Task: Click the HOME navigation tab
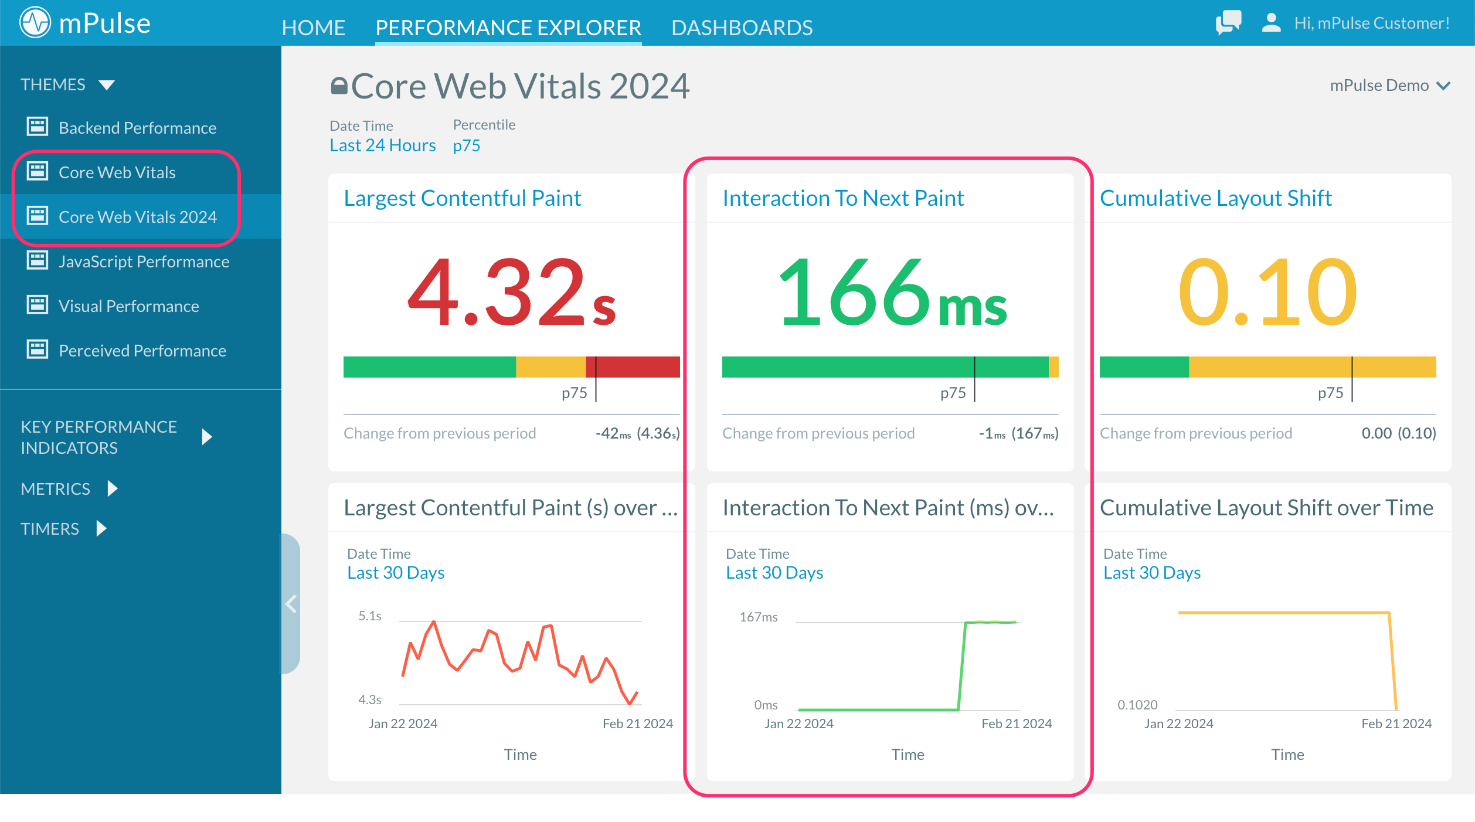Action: tap(313, 27)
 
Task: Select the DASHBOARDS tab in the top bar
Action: tap(742, 27)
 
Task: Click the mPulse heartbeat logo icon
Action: tap(35, 23)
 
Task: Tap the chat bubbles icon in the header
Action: tap(1228, 23)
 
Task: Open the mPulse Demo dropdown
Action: tap(1389, 86)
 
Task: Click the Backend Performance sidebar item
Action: tap(137, 127)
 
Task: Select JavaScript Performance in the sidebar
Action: tap(144, 261)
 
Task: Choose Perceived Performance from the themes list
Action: tap(142, 350)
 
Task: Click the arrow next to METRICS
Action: tap(113, 488)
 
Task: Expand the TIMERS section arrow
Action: tap(101, 528)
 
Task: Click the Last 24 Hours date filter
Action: tap(382, 145)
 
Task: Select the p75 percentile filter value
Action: tap(466, 145)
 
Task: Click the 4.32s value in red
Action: tap(511, 293)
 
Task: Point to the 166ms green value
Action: tap(891, 293)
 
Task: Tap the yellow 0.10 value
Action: tap(1267, 293)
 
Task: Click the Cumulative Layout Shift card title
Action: tap(1215, 198)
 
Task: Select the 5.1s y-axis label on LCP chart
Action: tap(369, 616)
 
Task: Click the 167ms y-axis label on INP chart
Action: tap(758, 617)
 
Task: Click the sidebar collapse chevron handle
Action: tap(291, 603)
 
